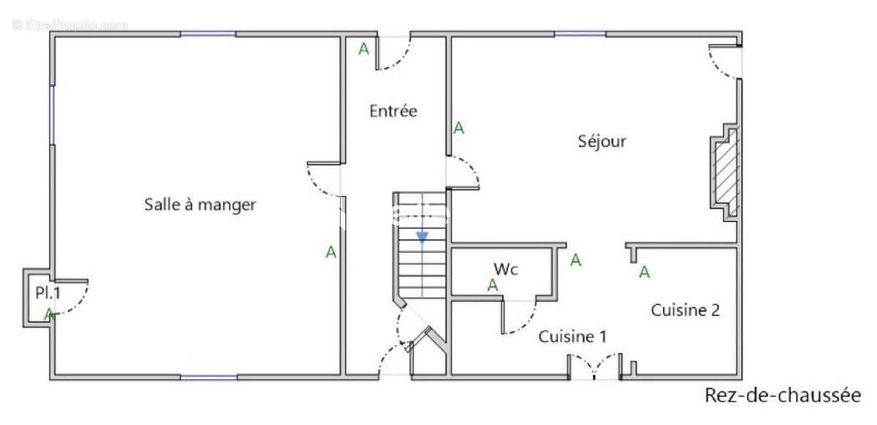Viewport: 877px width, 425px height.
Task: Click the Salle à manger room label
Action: (x=200, y=205)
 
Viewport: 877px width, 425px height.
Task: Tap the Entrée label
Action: (x=392, y=112)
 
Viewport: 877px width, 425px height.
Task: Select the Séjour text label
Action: (x=601, y=141)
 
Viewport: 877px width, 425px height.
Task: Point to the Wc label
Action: (x=506, y=269)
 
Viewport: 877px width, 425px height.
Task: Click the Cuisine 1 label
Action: (x=573, y=337)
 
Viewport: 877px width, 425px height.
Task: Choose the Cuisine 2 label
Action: (x=686, y=310)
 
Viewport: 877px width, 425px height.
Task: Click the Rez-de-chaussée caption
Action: (x=783, y=395)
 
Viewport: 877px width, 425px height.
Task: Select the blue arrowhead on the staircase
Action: (x=422, y=237)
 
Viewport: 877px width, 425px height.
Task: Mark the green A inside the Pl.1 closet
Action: (x=49, y=315)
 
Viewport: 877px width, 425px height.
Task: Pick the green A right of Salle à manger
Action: (x=331, y=253)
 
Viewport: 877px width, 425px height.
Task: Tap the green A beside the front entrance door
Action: (x=363, y=50)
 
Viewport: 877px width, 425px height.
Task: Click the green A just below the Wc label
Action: (x=493, y=286)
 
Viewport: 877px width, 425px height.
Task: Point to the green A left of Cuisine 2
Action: (x=645, y=272)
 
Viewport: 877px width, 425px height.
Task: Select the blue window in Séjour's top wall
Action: (x=580, y=34)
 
